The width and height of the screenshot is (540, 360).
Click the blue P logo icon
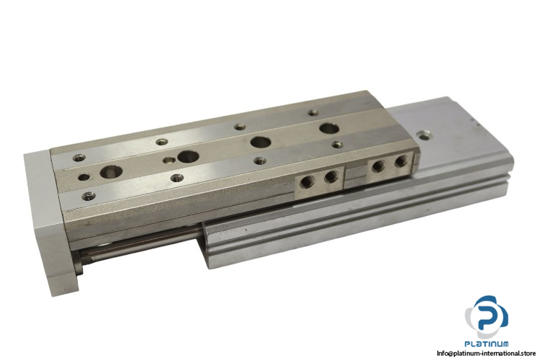click(x=486, y=317)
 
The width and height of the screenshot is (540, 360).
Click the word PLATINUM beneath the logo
click(x=487, y=343)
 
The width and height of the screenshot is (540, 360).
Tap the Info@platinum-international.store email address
click(x=486, y=353)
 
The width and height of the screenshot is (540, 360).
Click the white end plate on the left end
click(x=52, y=220)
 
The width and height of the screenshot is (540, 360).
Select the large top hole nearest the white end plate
click(x=111, y=171)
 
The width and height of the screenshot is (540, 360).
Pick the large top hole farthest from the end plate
click(x=329, y=129)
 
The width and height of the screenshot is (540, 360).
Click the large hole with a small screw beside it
click(x=188, y=156)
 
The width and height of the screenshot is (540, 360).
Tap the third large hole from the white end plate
click(x=260, y=141)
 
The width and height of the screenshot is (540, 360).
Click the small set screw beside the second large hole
click(x=168, y=160)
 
